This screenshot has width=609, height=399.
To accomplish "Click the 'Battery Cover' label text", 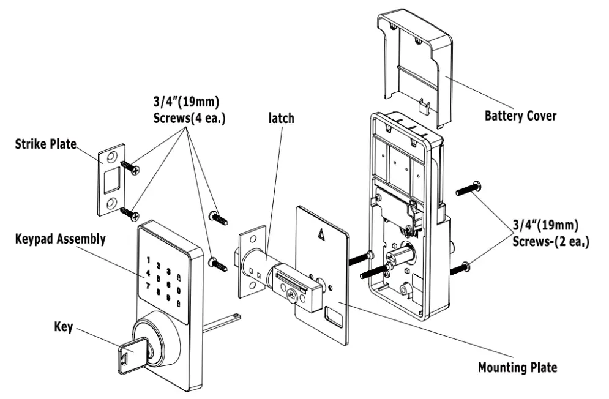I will (520, 115).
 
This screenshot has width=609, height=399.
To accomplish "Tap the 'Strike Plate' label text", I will (47, 144).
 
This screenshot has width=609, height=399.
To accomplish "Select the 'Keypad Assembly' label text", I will (59, 239).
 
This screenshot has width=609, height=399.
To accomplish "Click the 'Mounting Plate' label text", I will (518, 368).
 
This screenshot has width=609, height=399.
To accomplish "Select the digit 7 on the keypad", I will (147, 285).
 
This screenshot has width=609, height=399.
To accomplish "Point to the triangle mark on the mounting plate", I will (321, 233).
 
